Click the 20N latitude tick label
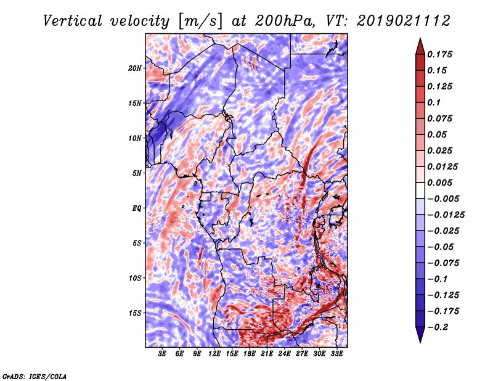click(135, 68)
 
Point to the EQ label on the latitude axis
click(137, 208)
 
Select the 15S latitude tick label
click(135, 313)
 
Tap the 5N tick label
click(137, 173)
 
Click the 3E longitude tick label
click(162, 354)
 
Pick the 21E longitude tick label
click(267, 354)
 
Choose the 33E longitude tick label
click(336, 354)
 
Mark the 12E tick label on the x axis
click(214, 354)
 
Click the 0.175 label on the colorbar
click(439, 54)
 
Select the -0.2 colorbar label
click(438, 327)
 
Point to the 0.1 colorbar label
click(434, 102)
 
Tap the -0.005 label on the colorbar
click(443, 199)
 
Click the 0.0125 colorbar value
click(442, 166)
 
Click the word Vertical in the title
click(73, 22)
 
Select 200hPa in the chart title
click(285, 21)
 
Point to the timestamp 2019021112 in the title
click(404, 21)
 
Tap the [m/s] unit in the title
click(200, 22)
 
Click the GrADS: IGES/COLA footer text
click(35, 376)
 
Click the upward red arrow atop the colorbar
click(420, 46)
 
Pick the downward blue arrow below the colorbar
click(420, 335)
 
